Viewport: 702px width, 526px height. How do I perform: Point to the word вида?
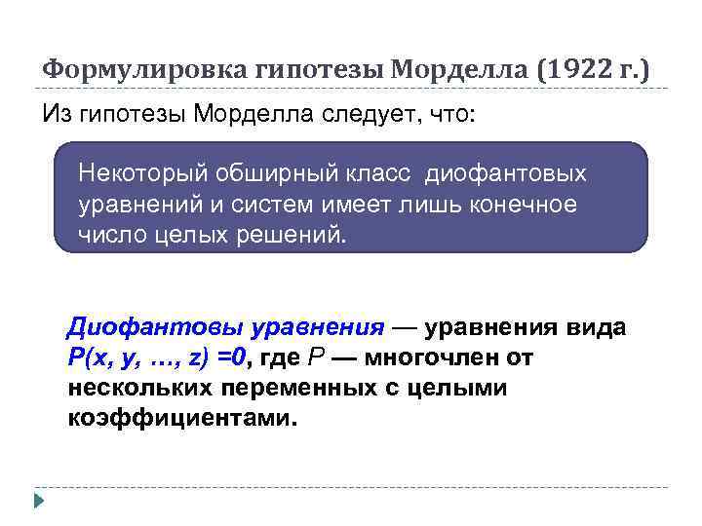pos(596,328)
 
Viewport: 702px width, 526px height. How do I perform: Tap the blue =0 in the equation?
pos(232,357)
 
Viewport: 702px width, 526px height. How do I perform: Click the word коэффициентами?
pos(180,418)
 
